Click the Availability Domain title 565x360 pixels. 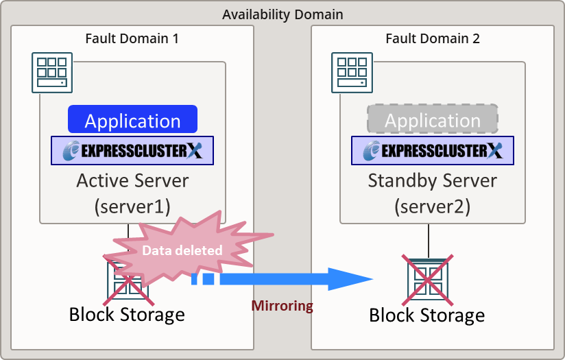tap(282, 14)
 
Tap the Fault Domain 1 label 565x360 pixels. tap(132, 38)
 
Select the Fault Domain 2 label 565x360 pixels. tap(432, 38)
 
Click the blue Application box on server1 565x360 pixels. tap(132, 120)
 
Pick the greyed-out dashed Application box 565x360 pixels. tap(432, 119)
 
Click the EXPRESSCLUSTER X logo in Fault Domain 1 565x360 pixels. tap(132, 151)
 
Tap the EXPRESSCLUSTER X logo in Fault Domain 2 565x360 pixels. tap(432, 151)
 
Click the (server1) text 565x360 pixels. tap(132, 206)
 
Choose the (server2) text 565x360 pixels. tap(432, 206)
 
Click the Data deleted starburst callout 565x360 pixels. tap(182, 250)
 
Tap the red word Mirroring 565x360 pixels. tap(282, 306)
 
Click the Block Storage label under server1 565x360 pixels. tap(127, 315)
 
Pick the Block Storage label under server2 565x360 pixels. tap(426, 315)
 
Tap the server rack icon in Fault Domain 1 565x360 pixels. tap(52, 72)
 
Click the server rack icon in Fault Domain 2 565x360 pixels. tap(352, 72)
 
